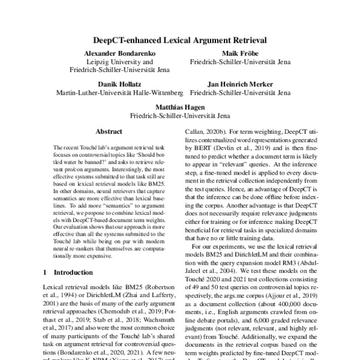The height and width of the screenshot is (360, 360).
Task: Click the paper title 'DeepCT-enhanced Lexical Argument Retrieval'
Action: pos(180,41)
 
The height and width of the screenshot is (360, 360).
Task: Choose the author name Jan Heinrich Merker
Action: pos(240,85)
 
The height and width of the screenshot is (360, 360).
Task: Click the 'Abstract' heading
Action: pos(109,131)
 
